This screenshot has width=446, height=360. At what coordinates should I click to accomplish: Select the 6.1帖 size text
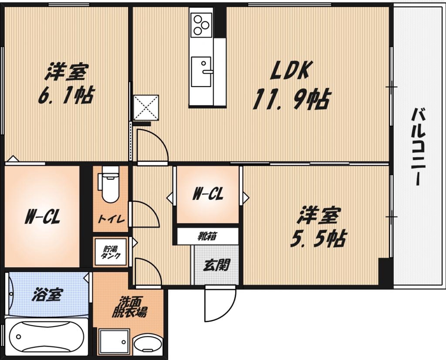click(66, 95)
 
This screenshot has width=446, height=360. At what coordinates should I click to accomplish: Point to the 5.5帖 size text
click(317, 240)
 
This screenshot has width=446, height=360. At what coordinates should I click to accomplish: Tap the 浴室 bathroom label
click(47, 294)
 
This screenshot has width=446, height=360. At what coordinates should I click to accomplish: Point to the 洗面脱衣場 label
click(129, 307)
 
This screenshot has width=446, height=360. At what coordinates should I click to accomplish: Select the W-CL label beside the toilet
click(42, 218)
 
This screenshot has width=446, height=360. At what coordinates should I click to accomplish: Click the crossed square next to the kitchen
click(146, 108)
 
